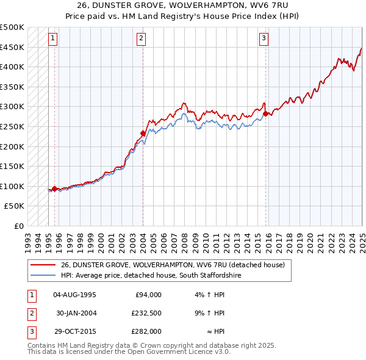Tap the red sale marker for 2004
[x=143, y=133]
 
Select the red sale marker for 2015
[x=266, y=113]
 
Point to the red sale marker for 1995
[x=54, y=189]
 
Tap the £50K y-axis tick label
[x=15, y=206]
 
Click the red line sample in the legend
[x=43, y=265]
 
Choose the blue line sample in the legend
[x=43, y=275]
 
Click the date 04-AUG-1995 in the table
[x=74, y=295]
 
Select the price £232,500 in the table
[x=146, y=313]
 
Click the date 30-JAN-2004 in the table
[x=76, y=313]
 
